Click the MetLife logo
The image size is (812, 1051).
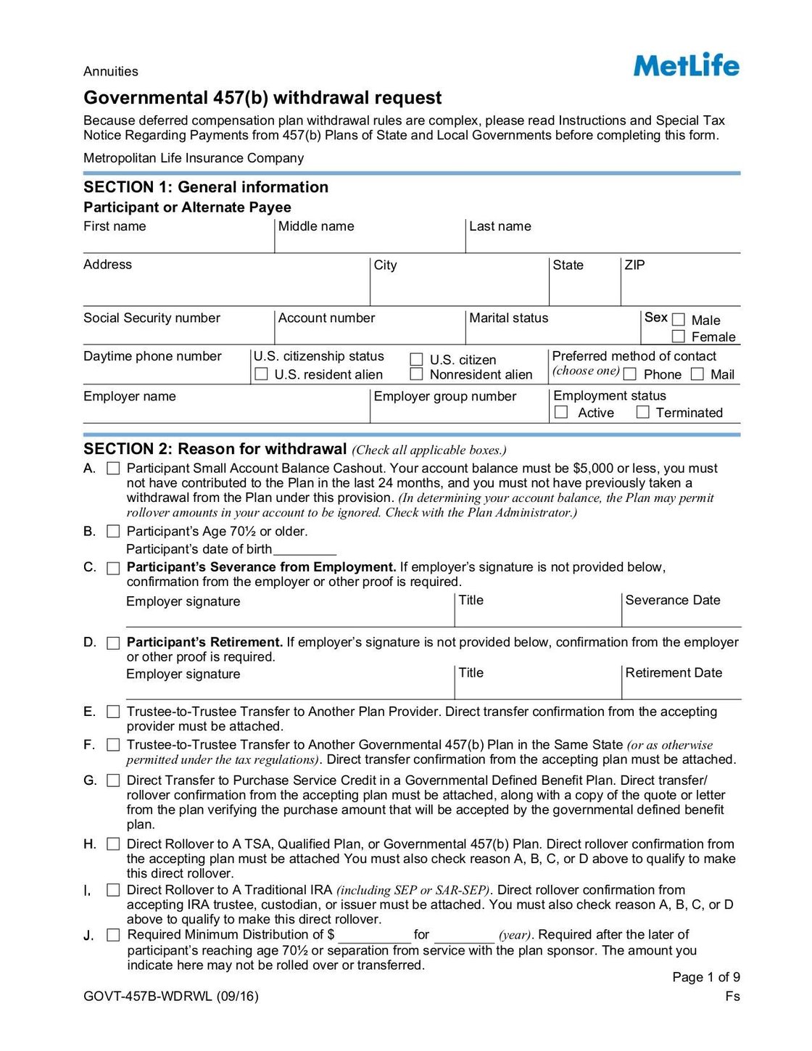pyautogui.click(x=686, y=65)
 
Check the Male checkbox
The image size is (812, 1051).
pyautogui.click(x=679, y=320)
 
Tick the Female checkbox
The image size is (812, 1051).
pyautogui.click(x=679, y=337)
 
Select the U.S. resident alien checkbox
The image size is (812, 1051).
pyautogui.click(x=262, y=374)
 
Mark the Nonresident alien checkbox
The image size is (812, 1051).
pyautogui.click(x=416, y=374)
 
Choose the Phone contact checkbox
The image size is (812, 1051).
pyautogui.click(x=630, y=374)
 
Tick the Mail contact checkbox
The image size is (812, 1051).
pyautogui.click(x=697, y=374)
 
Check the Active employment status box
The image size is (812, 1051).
pyautogui.click(x=561, y=412)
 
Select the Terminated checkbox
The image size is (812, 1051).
pyautogui.click(x=642, y=412)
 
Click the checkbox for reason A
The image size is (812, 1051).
pyautogui.click(x=113, y=469)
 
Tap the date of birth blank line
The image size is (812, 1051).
pyautogui.click(x=304, y=550)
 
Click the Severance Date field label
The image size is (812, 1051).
pyautogui.click(x=672, y=600)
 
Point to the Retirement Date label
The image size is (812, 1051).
pyautogui.click(x=673, y=672)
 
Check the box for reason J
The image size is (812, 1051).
pyautogui.click(x=113, y=935)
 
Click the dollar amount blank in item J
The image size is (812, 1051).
pyautogui.click(x=374, y=936)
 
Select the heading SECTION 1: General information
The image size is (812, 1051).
pyautogui.click(x=206, y=187)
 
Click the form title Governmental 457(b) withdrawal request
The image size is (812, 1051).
pyautogui.click(x=262, y=98)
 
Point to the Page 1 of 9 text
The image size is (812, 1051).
pyautogui.click(x=705, y=977)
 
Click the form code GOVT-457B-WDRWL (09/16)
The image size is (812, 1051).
pyautogui.click(x=171, y=996)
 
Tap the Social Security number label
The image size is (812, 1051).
pyautogui.click(x=152, y=318)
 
